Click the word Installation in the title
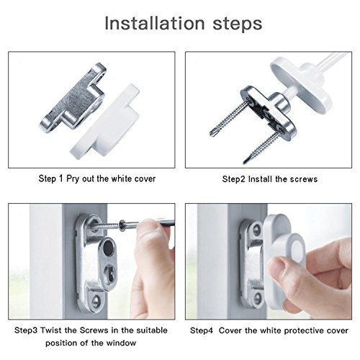155,23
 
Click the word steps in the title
238,24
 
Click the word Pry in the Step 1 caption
73,179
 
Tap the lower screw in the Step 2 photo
261,145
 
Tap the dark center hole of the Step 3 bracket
108,248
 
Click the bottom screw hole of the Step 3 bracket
96,301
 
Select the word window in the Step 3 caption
121,343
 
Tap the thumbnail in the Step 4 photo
274,269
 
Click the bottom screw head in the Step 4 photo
258,298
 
